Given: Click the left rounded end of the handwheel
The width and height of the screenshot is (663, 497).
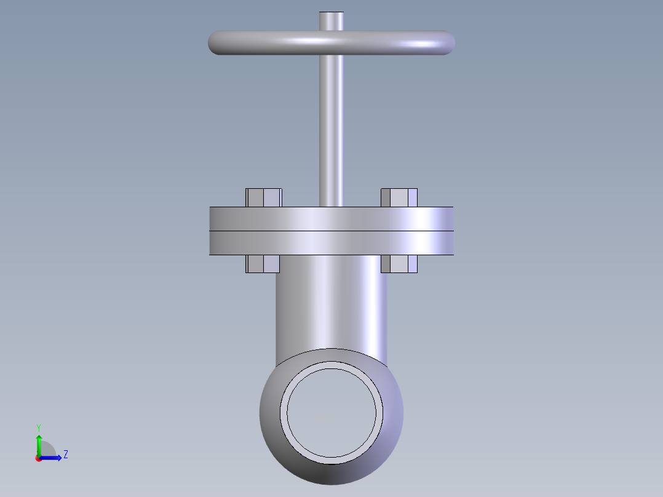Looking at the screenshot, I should click(216, 42).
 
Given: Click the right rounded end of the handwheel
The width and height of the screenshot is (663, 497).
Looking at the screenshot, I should click(447, 42).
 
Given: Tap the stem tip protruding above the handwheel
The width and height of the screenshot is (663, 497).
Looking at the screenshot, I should click(331, 20).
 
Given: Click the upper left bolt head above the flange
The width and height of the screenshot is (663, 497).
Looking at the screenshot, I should click(264, 197).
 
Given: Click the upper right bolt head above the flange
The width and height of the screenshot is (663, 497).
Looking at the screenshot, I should click(399, 197).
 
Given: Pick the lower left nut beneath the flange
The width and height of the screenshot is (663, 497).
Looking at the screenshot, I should click(263, 264).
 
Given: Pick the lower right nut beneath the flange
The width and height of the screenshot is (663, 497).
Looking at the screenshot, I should click(399, 264).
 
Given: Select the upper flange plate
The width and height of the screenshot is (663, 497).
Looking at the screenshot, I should click(331, 219).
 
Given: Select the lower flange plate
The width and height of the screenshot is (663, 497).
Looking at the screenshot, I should click(331, 243).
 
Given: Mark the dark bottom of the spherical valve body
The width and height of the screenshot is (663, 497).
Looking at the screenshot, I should click(331, 474).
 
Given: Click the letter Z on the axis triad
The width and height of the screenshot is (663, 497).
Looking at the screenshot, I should click(65, 455).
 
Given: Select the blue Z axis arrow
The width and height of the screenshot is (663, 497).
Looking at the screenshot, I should click(52, 458).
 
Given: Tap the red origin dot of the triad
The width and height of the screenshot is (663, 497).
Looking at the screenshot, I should click(39, 458).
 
